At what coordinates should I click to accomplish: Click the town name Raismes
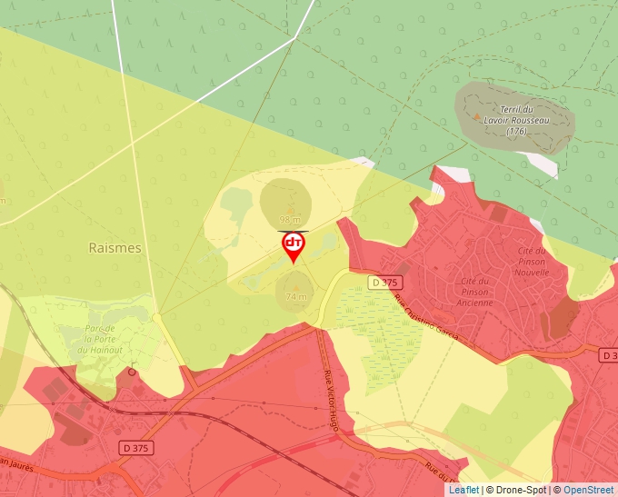click(115, 247)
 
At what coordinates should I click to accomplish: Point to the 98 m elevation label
click(290, 220)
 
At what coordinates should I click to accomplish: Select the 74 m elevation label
click(296, 297)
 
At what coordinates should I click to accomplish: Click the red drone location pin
click(294, 246)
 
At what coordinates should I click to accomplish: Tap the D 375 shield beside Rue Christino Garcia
click(385, 283)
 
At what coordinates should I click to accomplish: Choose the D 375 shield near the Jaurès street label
click(133, 448)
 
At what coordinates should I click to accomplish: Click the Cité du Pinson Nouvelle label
click(532, 261)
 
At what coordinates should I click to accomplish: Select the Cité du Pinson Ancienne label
click(476, 292)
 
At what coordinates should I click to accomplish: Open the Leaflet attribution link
click(463, 490)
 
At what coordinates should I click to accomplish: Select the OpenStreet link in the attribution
click(590, 490)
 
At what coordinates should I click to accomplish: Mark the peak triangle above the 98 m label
click(291, 208)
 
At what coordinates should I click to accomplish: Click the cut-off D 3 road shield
click(610, 354)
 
